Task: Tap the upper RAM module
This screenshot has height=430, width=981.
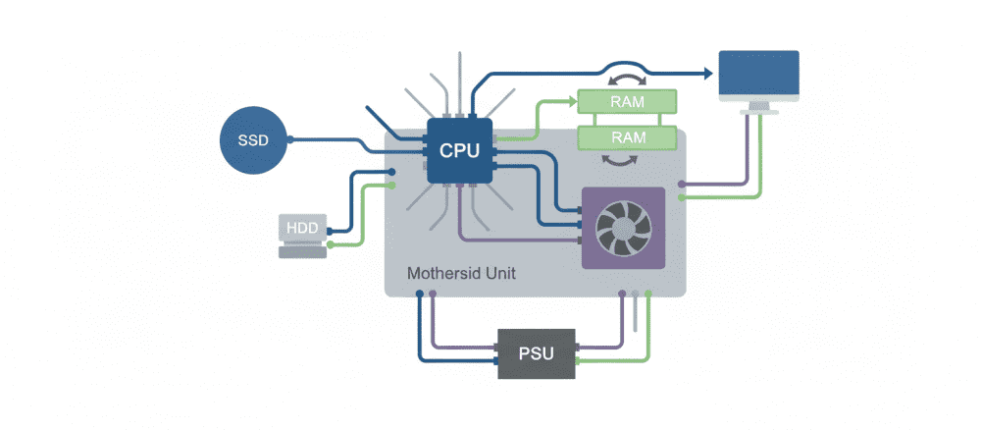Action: coord(626,101)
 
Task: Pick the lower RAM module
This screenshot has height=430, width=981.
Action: coord(626,137)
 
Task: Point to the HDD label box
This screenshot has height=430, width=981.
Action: coord(302,228)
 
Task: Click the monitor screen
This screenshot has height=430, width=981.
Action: coord(758,75)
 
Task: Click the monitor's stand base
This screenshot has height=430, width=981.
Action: coord(758,110)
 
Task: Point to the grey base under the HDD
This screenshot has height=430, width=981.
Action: coord(303,252)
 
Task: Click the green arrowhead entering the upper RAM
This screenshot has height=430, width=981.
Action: coord(571,100)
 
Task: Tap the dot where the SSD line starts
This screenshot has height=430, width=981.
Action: coord(291,139)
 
